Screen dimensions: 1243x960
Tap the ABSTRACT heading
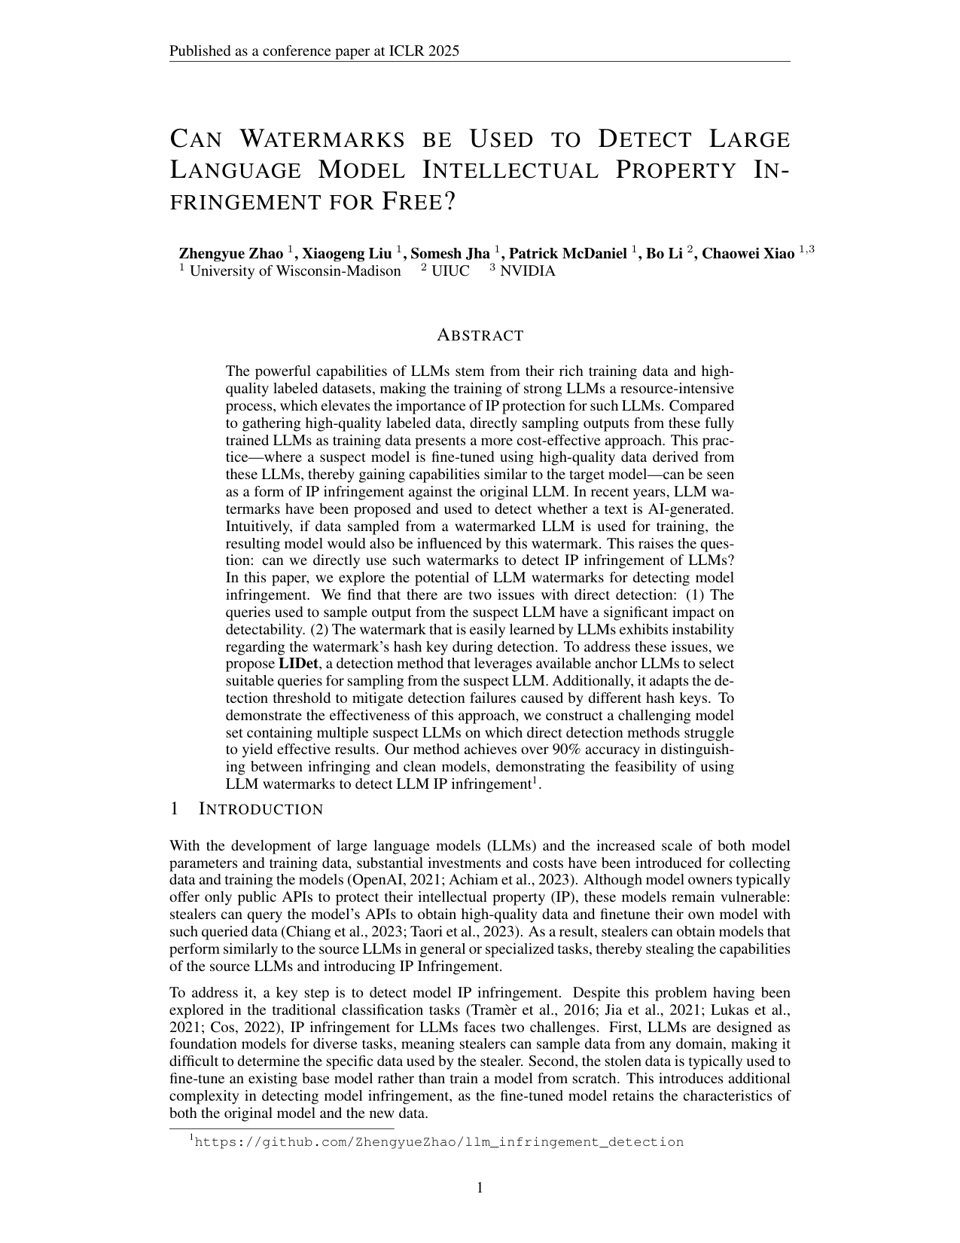tap(480, 335)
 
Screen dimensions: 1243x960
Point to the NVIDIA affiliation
tap(527, 271)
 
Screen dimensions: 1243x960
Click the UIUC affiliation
tap(450, 271)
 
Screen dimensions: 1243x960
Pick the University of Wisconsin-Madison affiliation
tap(294, 271)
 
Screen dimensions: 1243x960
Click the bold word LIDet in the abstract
tap(298, 664)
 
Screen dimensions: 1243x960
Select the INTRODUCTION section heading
tap(261, 809)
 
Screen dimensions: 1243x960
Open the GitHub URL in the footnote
tap(439, 1142)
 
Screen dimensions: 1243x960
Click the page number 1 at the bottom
tap(480, 1188)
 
